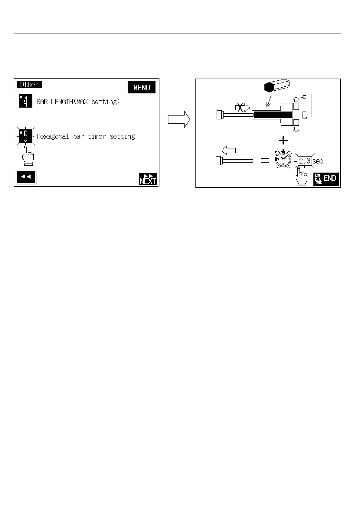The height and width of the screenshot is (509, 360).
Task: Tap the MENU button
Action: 142,88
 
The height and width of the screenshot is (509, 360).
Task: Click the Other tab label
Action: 29,85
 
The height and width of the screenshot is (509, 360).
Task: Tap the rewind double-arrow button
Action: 26,177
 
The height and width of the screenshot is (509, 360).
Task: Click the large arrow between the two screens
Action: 179,120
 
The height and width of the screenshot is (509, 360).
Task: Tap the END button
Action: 326,179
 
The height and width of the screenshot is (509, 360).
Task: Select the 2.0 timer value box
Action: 304,161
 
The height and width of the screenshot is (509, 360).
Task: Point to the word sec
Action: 318,161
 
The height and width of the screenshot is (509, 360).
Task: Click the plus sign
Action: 283,140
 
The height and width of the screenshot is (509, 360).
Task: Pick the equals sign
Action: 265,161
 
